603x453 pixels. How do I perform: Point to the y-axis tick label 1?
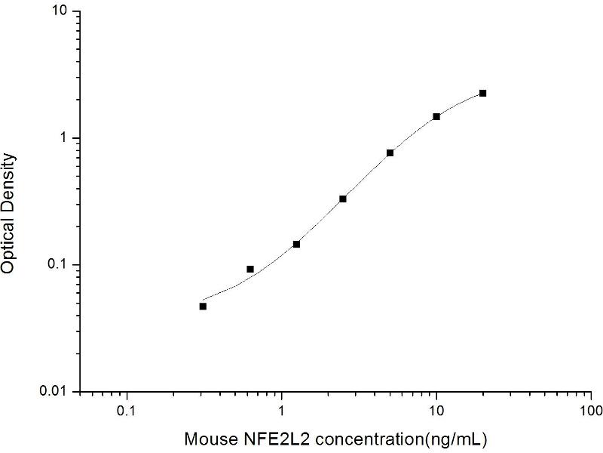(x=64, y=138)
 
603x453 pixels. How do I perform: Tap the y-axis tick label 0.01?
(x=54, y=391)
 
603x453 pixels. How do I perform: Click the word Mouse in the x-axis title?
(x=208, y=438)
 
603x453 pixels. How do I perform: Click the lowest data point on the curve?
(x=203, y=306)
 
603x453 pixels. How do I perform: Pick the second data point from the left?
(x=250, y=269)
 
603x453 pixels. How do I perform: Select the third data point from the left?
(x=296, y=244)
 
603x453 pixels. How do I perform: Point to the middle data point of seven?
(x=343, y=199)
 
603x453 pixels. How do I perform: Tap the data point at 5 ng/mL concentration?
(x=390, y=153)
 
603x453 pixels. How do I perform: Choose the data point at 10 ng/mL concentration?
(x=436, y=116)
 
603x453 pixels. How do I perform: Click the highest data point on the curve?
(x=482, y=93)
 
